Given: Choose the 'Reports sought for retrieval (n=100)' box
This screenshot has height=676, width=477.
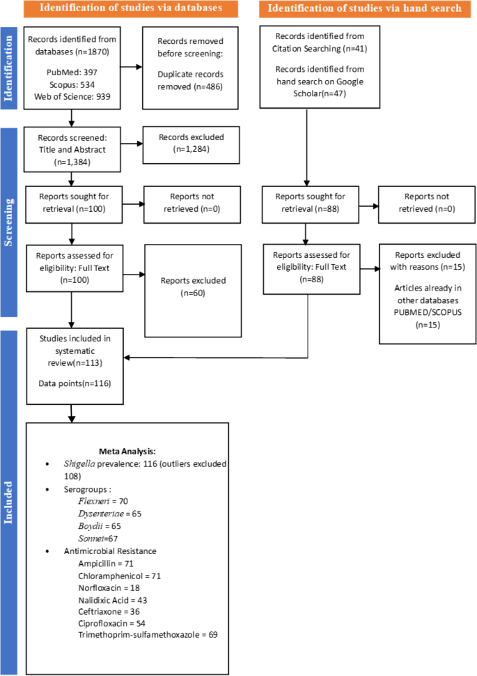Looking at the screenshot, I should [x=72, y=203].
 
